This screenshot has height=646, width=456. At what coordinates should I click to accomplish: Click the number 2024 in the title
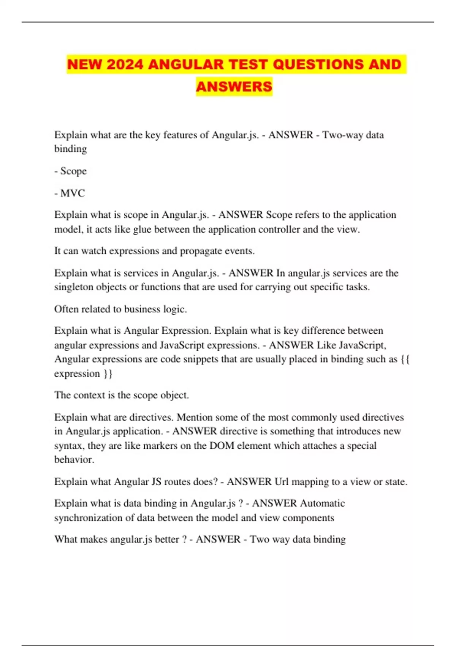[x=125, y=64]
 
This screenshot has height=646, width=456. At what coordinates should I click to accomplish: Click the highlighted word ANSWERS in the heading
[x=234, y=86]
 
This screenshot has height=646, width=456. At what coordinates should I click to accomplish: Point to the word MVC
[x=73, y=193]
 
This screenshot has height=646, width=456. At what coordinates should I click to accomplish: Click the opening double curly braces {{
[x=405, y=359]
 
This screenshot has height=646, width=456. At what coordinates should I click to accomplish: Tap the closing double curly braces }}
[x=108, y=374]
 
